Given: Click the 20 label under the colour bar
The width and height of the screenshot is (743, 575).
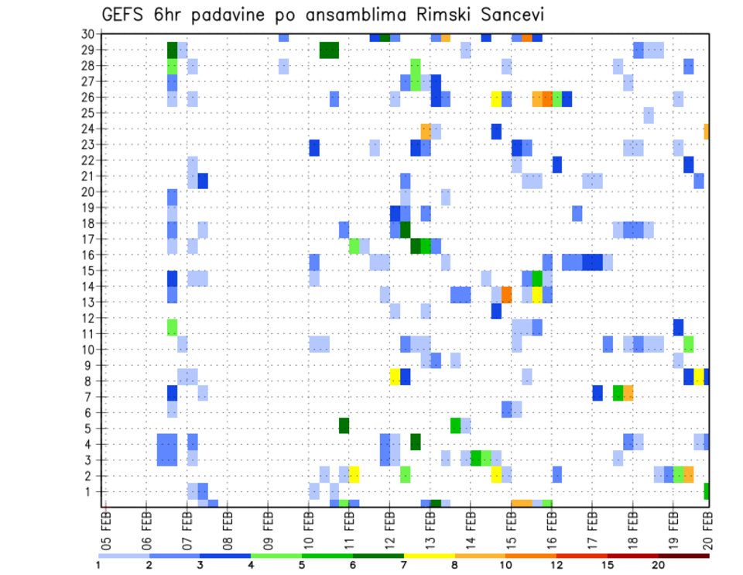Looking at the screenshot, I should tap(658, 564).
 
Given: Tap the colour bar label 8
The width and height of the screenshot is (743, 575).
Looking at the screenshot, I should tap(455, 564).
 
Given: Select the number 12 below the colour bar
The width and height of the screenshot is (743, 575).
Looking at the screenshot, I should tap(556, 564).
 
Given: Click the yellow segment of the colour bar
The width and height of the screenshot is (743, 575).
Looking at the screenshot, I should tap(430, 556).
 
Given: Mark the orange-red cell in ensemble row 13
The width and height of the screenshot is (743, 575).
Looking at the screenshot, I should tap(507, 294).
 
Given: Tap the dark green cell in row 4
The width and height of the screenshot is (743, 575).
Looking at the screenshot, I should tap(416, 442).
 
